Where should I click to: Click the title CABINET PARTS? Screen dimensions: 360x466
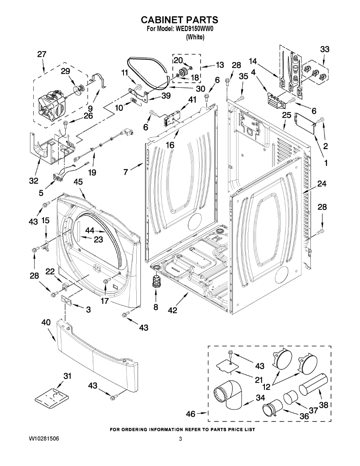click(x=179, y=20)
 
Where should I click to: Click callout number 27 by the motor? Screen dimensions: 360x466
click(x=42, y=54)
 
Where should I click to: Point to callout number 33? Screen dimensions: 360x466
click(x=325, y=49)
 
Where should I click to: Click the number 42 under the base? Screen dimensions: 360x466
click(x=172, y=310)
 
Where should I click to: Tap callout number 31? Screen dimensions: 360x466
click(x=67, y=376)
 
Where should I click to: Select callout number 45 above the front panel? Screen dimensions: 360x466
click(x=78, y=182)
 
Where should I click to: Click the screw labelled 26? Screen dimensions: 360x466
click(x=66, y=124)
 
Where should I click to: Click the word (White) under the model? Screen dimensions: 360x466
click(x=195, y=37)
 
